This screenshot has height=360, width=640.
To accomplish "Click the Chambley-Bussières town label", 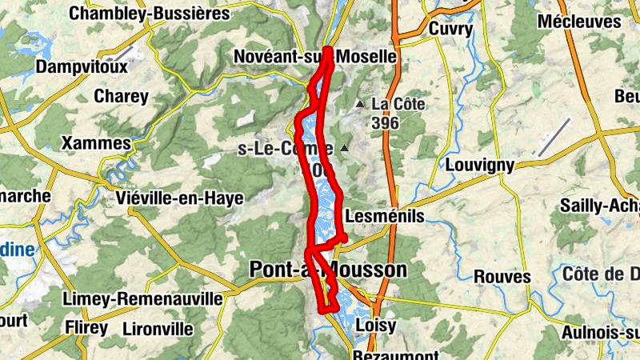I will [150, 14].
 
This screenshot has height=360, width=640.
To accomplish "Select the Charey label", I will [121, 97].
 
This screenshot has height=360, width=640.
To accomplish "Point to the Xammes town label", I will [96, 143].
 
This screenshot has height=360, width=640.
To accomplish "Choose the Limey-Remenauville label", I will [142, 298].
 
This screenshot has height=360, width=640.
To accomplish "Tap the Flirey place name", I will [86, 327].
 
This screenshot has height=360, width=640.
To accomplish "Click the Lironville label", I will [158, 328].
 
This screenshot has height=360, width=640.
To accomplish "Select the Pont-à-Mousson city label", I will [328, 270].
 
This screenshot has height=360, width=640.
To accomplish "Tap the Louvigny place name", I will [478, 165].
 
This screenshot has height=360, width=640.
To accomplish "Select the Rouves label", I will [502, 277].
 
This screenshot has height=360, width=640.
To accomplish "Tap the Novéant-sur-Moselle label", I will [314, 57].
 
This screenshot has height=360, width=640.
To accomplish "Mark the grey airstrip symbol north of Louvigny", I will [555, 136].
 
